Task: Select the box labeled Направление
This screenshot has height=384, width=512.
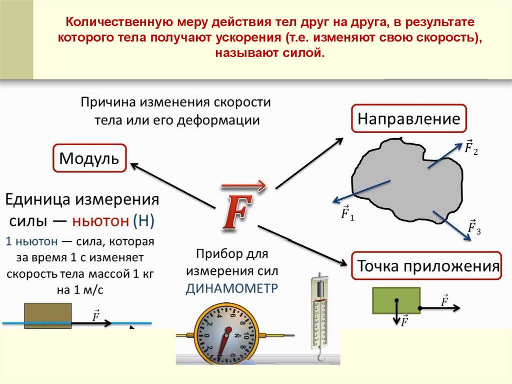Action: pyautogui.click(x=408, y=119)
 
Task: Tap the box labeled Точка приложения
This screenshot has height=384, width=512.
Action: pyautogui.click(x=428, y=266)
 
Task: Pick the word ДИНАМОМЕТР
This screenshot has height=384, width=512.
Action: pyautogui.click(x=232, y=288)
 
